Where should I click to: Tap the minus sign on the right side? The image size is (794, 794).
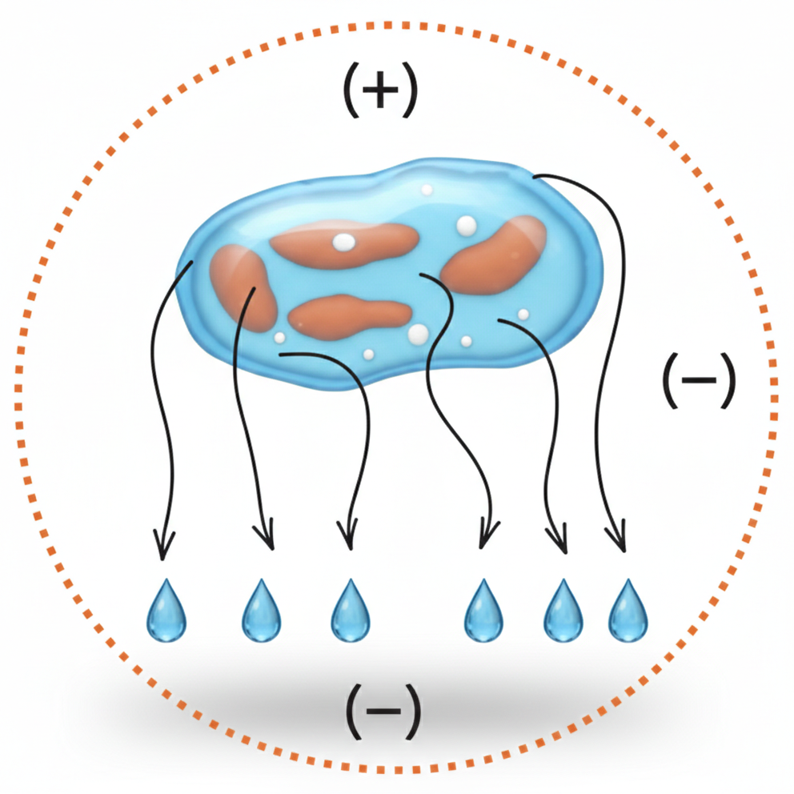(x=699, y=379)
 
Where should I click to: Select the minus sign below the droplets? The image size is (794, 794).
(x=383, y=711)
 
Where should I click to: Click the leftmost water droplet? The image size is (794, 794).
(x=166, y=612)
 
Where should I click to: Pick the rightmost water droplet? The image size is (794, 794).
(x=628, y=612)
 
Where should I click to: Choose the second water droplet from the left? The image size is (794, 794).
(x=261, y=612)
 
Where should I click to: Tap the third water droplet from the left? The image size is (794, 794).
(x=351, y=612)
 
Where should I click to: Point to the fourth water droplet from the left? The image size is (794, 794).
(x=483, y=612)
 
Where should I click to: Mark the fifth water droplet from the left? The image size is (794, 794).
(x=563, y=612)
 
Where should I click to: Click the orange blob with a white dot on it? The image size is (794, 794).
(x=344, y=245)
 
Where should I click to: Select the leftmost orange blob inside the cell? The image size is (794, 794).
(x=243, y=288)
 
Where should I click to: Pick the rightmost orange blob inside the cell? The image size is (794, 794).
(x=494, y=255)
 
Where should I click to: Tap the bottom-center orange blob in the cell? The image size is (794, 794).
(x=350, y=316)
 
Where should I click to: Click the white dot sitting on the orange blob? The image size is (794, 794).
(x=344, y=242)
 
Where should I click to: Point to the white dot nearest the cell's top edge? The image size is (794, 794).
(x=427, y=190)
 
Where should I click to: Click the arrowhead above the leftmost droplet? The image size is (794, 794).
(x=163, y=546)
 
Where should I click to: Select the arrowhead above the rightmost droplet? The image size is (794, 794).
(x=618, y=537)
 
